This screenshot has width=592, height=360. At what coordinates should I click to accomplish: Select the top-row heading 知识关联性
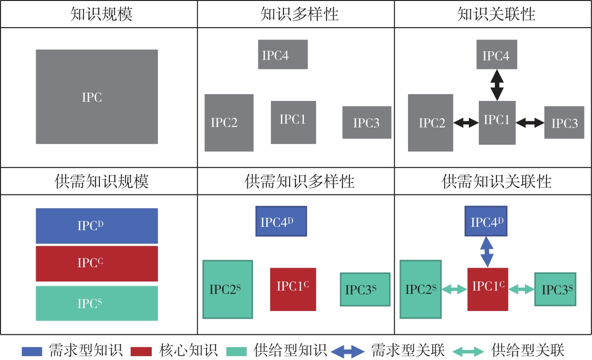(496, 14)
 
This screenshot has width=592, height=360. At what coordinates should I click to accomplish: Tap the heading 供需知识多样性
(300, 181)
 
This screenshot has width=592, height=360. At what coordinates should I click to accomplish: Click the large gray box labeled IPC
(97, 97)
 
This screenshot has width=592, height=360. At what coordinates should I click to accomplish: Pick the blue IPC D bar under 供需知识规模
(97, 226)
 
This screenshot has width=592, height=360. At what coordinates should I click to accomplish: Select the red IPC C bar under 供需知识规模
(97, 263)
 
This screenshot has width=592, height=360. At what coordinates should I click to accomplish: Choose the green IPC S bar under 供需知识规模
(97, 303)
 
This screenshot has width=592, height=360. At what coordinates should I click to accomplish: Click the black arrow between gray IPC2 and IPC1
(466, 123)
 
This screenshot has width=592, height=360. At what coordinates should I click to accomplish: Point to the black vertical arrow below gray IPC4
(497, 85)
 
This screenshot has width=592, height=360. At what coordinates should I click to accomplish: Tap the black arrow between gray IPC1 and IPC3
(530, 123)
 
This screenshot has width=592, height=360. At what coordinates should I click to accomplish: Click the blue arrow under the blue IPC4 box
(486, 252)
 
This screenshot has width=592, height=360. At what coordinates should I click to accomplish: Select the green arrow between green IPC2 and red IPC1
(455, 289)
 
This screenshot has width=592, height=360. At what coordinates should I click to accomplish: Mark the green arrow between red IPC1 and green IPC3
(522, 289)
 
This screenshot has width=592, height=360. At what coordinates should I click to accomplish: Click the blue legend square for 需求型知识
(34, 351)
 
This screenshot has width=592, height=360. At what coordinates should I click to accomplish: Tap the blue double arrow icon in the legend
(348, 351)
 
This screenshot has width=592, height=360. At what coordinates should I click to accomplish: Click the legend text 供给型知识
(291, 351)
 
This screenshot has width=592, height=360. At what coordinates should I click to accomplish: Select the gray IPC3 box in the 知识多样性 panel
(367, 123)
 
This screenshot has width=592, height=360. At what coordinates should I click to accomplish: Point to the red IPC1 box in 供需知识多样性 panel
(293, 289)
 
